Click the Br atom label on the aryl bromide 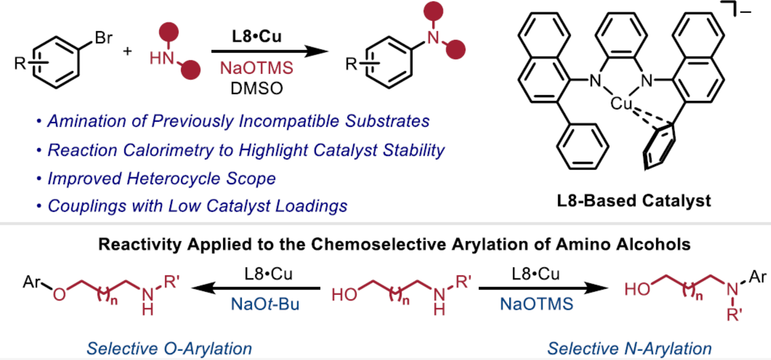[104, 37]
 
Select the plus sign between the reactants [127, 51]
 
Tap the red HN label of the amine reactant [162, 58]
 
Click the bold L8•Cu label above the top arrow [257, 36]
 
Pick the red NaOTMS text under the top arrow [257, 68]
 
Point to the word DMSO [257, 88]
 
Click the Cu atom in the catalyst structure [621, 103]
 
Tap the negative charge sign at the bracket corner [746, 11]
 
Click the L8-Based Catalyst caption [633, 201]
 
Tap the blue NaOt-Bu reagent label [265, 304]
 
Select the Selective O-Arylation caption [169, 348]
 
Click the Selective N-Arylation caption [629, 348]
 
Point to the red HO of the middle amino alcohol [344, 294]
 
